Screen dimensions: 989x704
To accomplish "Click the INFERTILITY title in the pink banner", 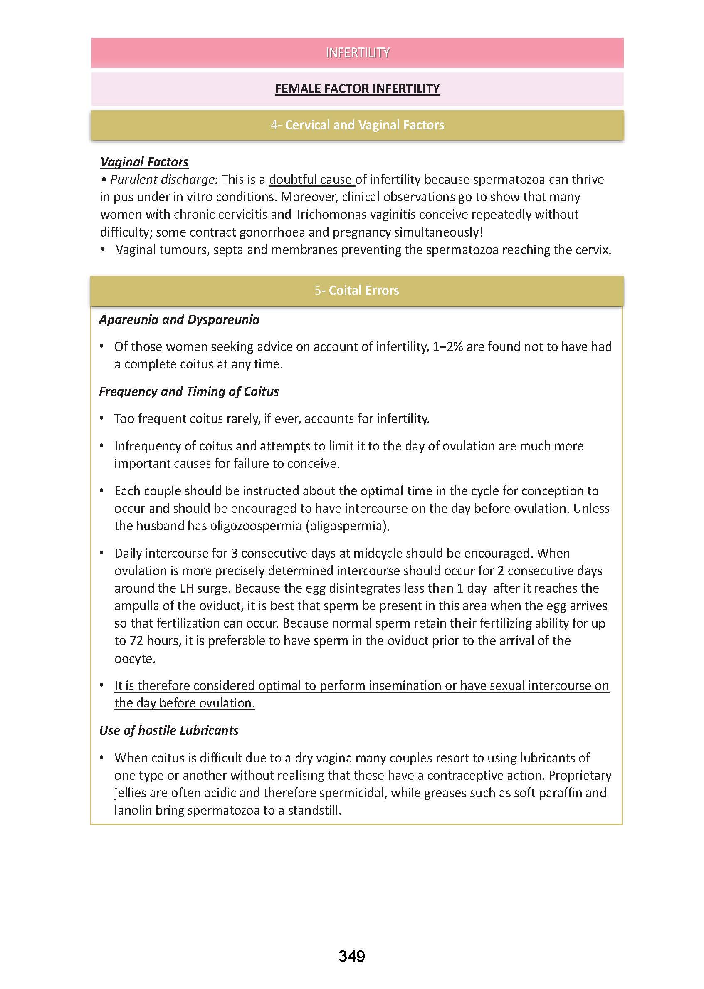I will pos(358,53).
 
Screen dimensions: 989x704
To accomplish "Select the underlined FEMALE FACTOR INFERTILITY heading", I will pos(357,89).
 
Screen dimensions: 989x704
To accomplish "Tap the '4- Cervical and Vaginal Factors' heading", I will pos(357,125).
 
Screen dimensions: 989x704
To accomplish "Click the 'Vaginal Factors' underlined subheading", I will pos(144,162).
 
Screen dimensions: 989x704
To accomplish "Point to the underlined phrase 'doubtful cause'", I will pos(310,180).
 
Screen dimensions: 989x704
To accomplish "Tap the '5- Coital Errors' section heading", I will pos(357,290).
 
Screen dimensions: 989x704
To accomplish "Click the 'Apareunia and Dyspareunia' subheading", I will pos(179,319).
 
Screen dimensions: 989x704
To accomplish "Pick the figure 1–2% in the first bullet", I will pos(448,347).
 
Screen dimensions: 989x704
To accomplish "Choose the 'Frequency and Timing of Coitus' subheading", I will pos(188,391).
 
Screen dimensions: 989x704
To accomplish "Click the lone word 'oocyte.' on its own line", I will pos(135,659).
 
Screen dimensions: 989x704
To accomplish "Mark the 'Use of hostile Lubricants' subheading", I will pos(169,731).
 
